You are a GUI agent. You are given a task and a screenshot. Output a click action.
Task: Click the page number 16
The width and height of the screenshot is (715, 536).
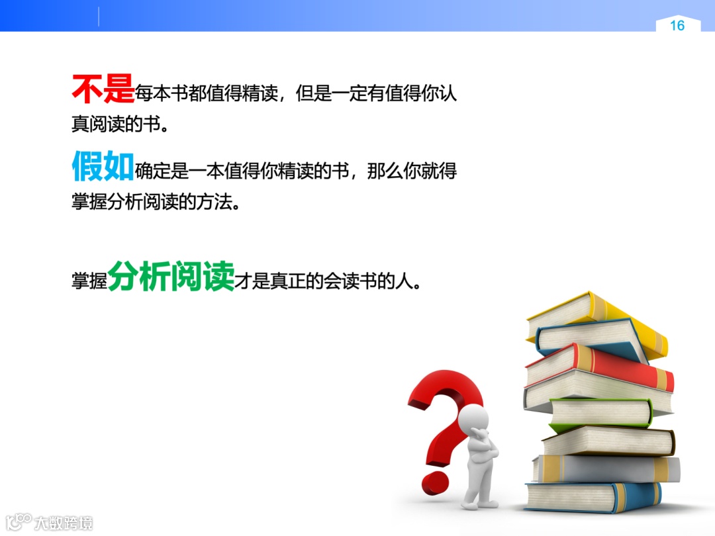click(677, 26)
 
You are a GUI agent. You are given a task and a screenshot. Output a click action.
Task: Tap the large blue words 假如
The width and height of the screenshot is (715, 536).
click(103, 167)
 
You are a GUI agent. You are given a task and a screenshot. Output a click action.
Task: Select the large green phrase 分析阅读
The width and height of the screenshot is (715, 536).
click(171, 275)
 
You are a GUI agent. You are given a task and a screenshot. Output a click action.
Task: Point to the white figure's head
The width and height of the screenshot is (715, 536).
click(474, 419)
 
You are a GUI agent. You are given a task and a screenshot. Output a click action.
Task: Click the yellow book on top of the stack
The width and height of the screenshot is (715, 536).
click(596, 318)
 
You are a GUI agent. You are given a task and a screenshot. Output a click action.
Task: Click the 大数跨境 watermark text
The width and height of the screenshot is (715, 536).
click(64, 523)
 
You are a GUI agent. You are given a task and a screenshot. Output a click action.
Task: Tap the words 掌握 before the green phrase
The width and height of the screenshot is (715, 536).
click(89, 281)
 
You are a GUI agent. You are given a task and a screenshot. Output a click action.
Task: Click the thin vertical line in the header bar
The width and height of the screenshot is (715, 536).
click(99, 17)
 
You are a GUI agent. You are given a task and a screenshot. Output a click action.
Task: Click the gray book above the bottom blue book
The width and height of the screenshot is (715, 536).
click(606, 469)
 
